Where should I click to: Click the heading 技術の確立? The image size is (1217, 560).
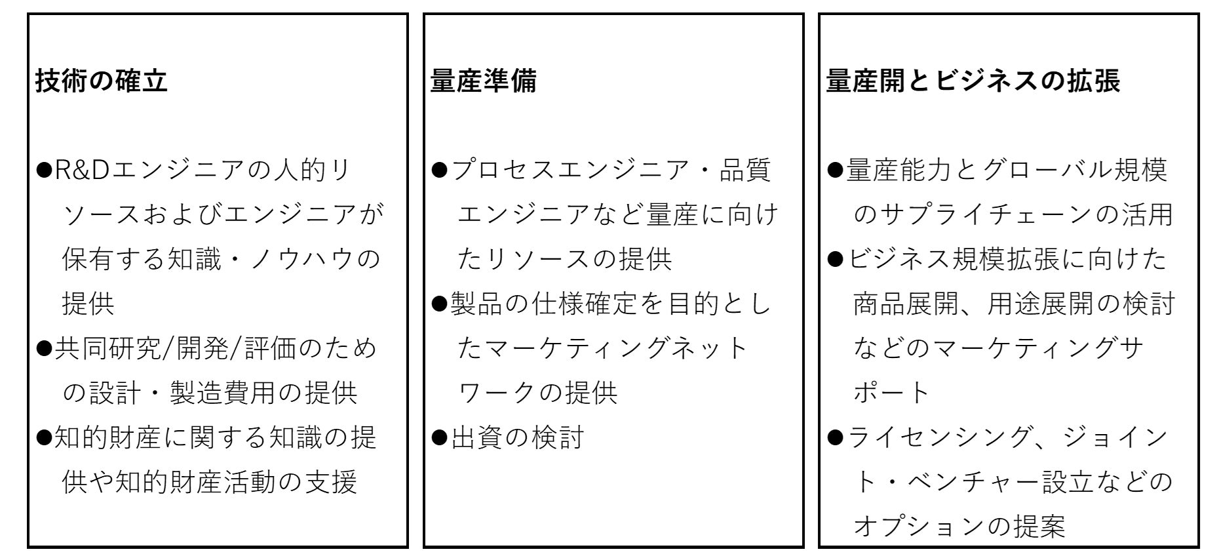click(x=102, y=81)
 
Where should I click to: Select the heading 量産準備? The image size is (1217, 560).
click(x=484, y=81)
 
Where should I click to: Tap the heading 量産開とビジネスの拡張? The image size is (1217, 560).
click(x=973, y=81)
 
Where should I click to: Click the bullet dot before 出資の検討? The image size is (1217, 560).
click(x=439, y=437)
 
